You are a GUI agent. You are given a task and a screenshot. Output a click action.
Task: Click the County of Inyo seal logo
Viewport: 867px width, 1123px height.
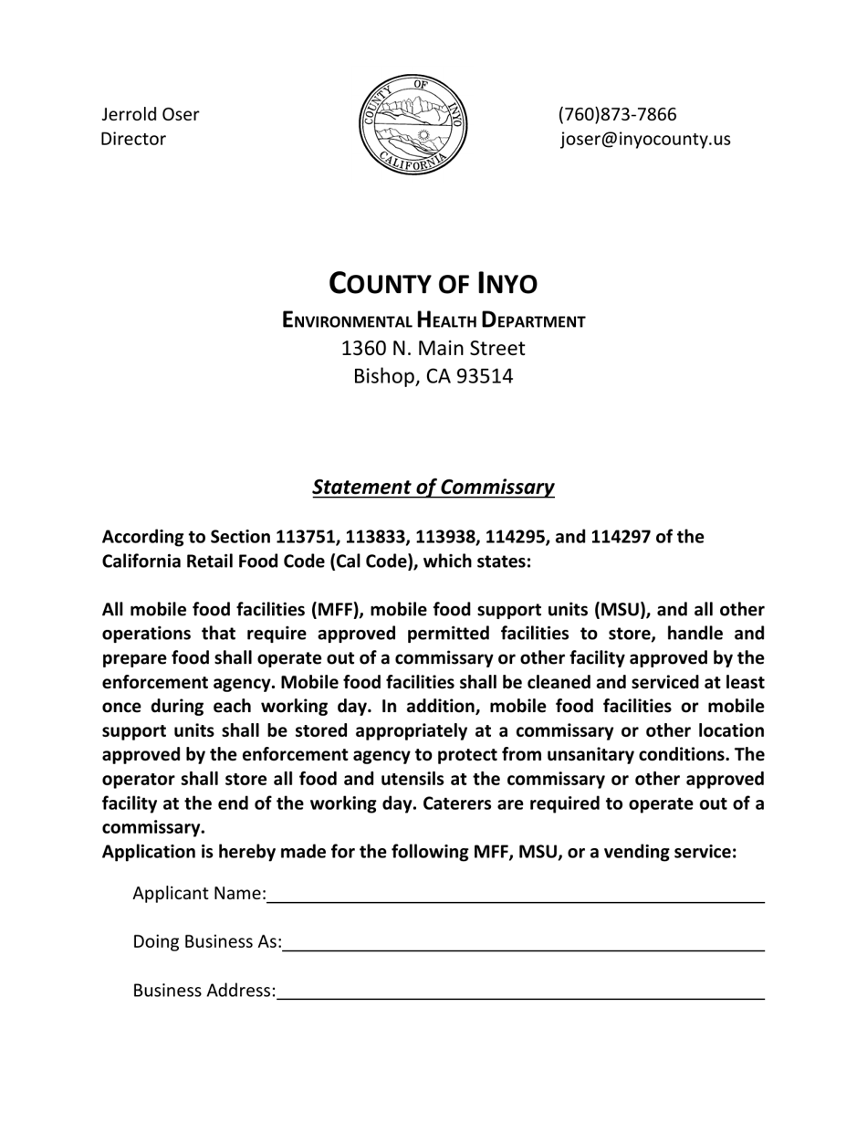pyautogui.click(x=413, y=125)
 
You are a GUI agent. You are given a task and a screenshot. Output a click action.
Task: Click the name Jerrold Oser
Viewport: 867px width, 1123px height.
pyautogui.click(x=150, y=115)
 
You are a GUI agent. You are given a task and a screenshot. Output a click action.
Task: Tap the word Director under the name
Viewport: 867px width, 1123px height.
pyautogui.click(x=133, y=140)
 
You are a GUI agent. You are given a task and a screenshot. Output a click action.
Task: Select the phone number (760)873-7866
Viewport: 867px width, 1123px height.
pyautogui.click(x=617, y=115)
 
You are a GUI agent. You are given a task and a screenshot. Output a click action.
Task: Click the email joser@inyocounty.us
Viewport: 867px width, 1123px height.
pyautogui.click(x=645, y=140)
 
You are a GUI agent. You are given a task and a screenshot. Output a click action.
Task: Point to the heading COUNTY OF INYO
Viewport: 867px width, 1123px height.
pyautogui.click(x=433, y=284)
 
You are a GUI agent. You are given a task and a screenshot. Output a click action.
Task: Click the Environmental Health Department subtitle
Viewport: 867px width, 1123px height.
pyautogui.click(x=433, y=320)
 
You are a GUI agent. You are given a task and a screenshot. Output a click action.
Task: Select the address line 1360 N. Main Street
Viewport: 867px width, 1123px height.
pyautogui.click(x=433, y=348)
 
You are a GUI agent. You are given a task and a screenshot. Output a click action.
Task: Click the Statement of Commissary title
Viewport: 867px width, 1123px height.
pyautogui.click(x=433, y=487)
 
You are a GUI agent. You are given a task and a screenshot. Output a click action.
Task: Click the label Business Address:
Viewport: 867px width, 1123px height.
pyautogui.click(x=204, y=991)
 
